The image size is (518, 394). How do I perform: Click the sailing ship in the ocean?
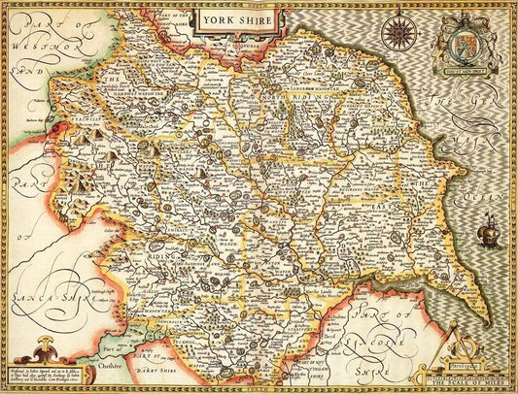click(488, 231)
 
